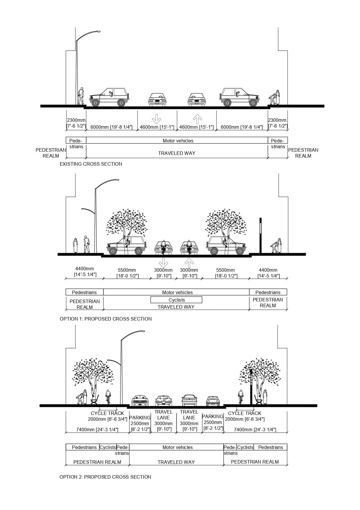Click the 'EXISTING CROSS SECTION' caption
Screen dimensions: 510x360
(91, 164)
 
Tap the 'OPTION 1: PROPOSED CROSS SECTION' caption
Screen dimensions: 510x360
(106, 319)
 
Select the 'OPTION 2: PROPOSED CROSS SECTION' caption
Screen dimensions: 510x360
(105, 477)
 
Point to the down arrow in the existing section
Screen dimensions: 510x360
(156, 119)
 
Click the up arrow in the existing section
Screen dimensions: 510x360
(197, 119)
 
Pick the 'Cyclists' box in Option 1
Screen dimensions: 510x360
(176, 300)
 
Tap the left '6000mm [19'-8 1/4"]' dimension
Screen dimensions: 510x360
(111, 127)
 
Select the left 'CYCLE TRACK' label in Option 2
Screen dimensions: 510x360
(107, 413)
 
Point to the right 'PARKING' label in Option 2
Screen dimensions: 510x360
(213, 416)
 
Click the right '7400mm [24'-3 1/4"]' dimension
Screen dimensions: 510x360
(255, 430)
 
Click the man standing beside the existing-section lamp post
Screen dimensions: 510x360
(81, 96)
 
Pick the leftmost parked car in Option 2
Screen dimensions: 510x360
(140, 400)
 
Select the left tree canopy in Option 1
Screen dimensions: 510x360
(126, 222)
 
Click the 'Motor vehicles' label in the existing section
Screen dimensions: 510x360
(178, 141)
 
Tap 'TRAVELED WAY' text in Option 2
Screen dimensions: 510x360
(176, 462)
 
